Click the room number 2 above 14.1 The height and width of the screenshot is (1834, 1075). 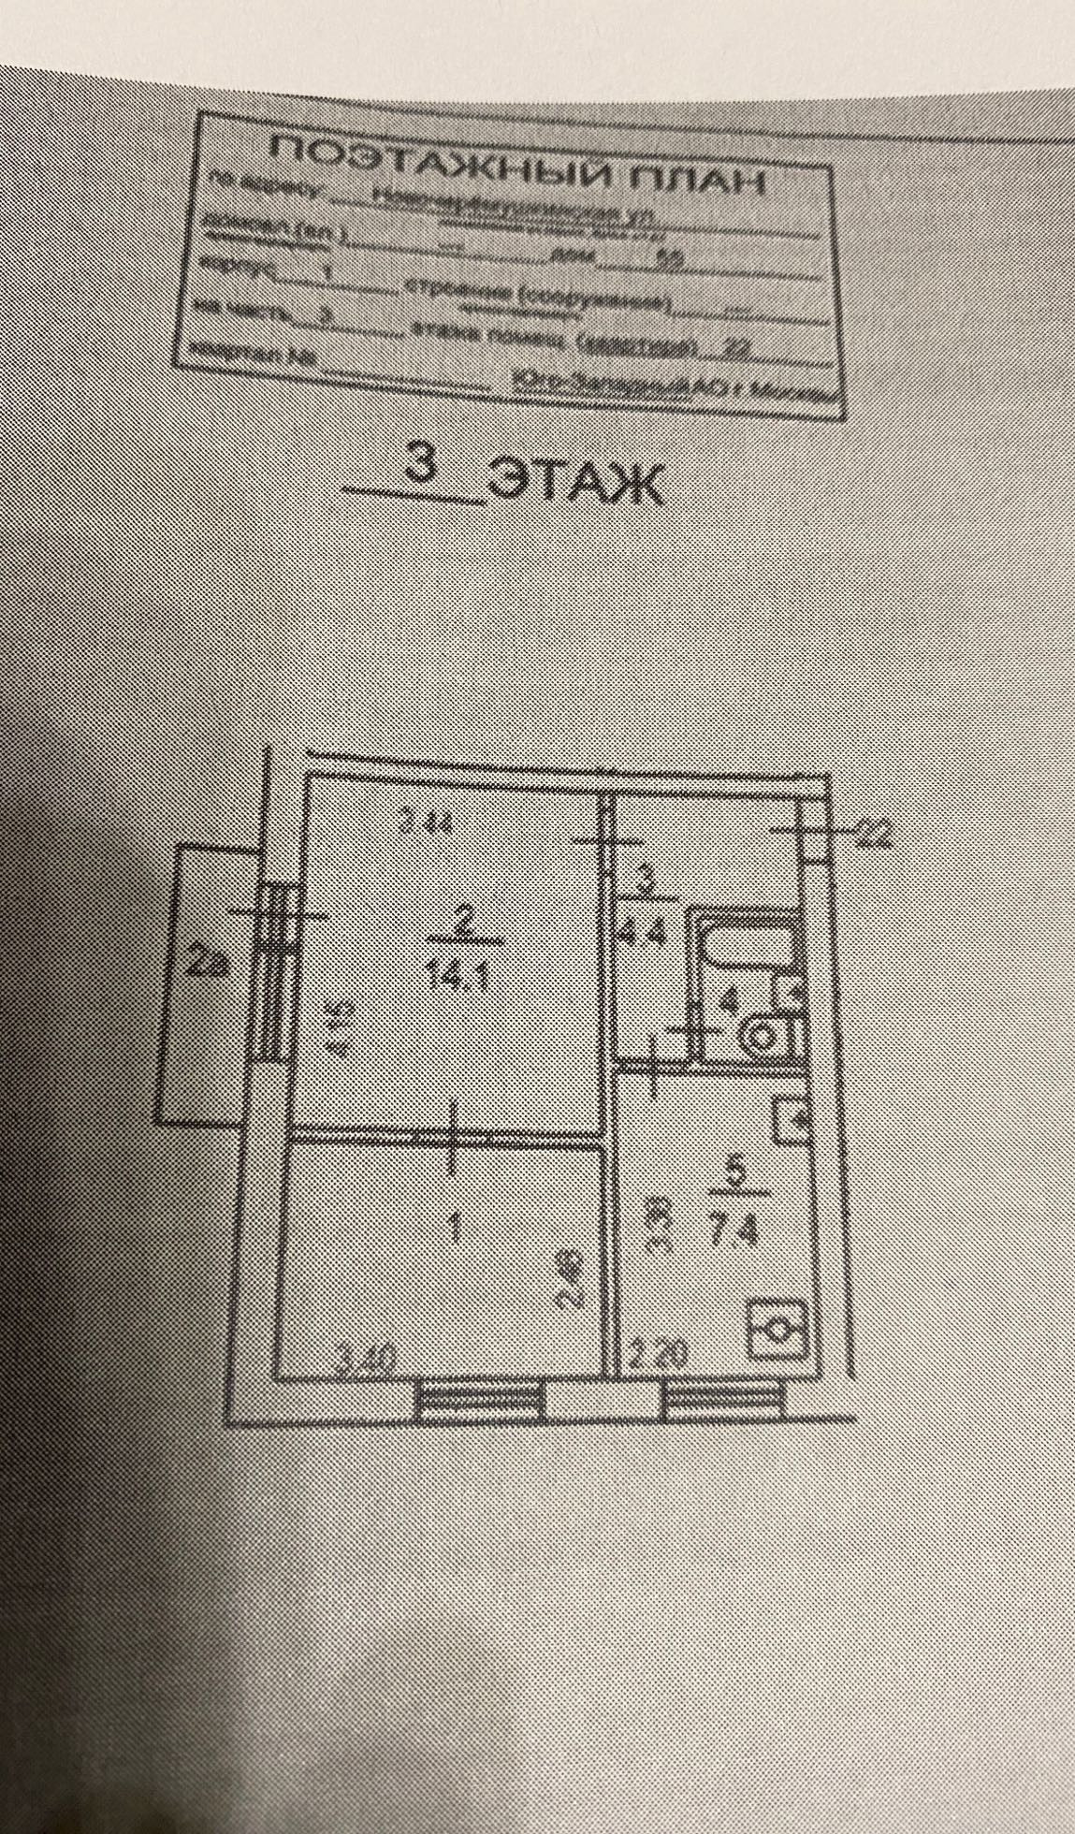[x=462, y=922]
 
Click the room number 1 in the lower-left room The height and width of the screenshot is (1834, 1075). [x=456, y=1225]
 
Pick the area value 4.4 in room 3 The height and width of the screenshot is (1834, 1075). [x=644, y=935]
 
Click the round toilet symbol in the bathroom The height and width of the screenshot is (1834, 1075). [x=760, y=1037]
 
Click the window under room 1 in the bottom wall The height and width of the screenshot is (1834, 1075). [x=480, y=1400]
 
